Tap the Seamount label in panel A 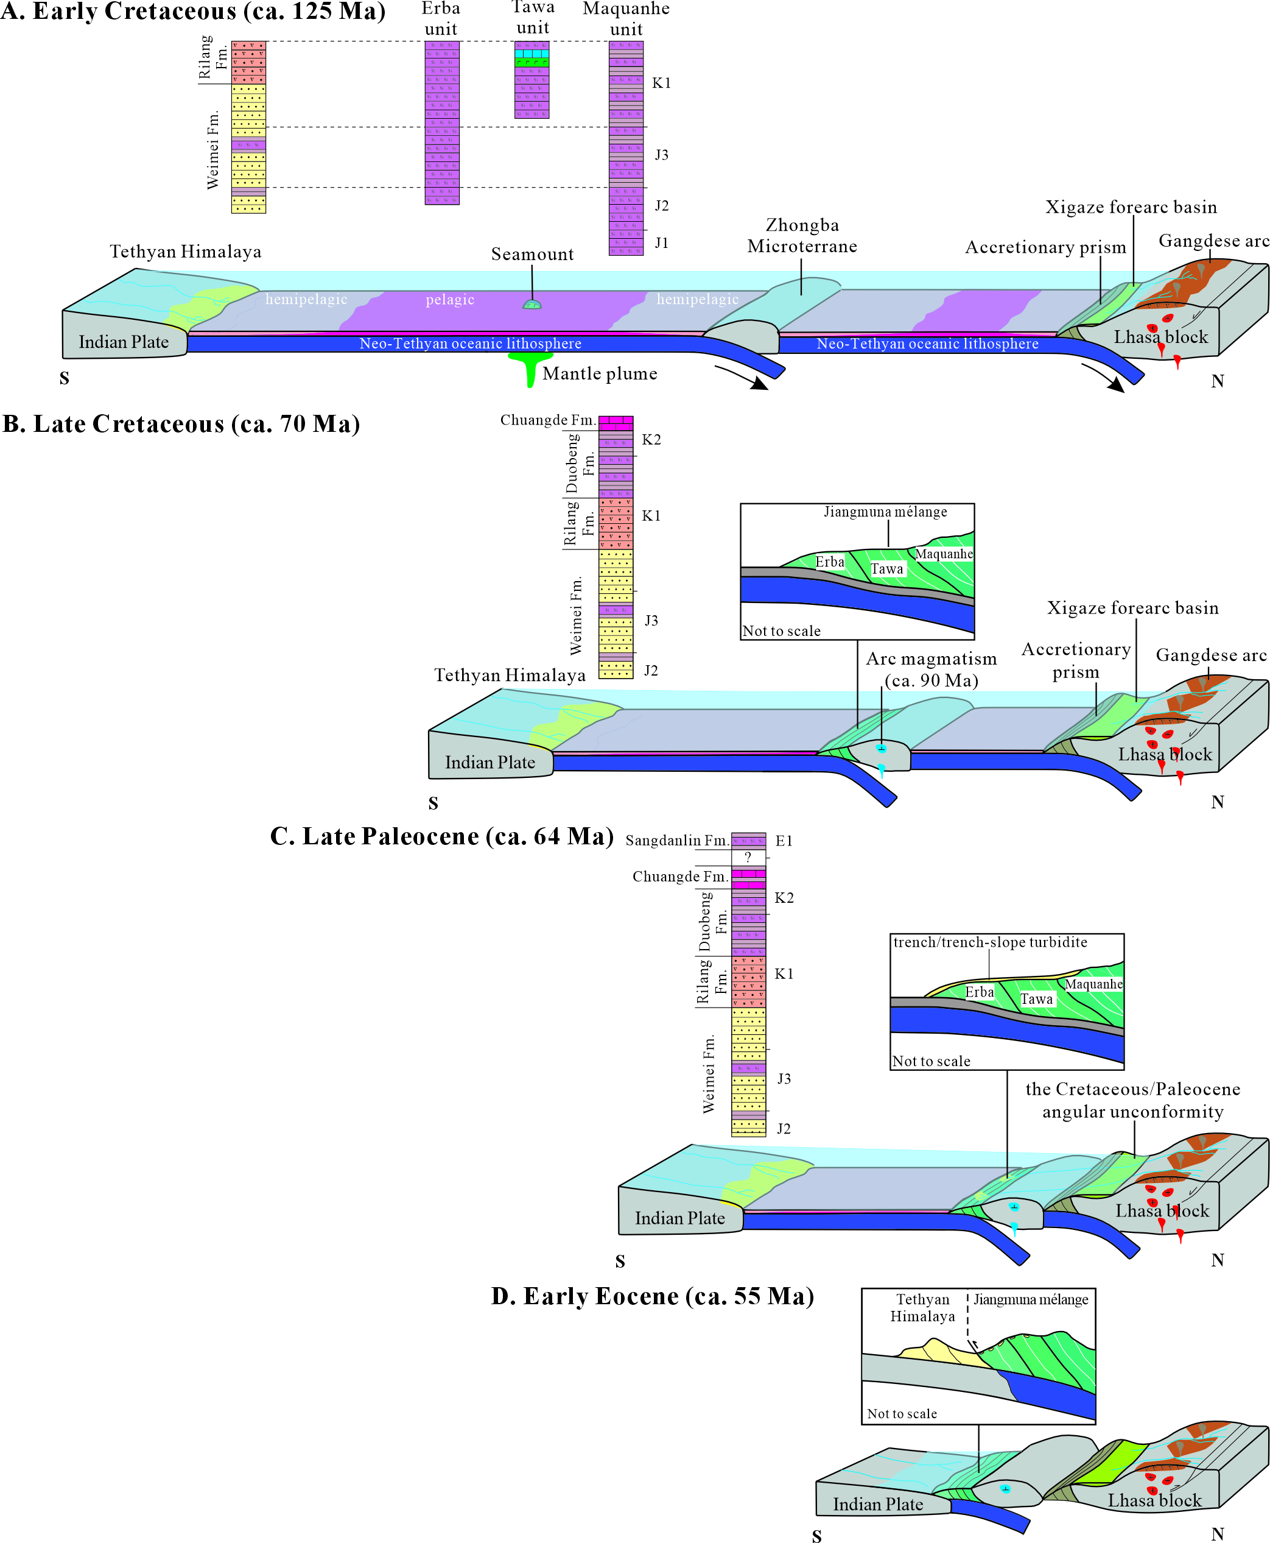tap(532, 254)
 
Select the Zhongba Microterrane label tap(802, 236)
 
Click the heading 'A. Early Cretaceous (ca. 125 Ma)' tap(192, 12)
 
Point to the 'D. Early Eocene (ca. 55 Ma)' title tap(652, 1296)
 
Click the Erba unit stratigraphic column tap(442, 122)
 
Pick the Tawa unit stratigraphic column tap(532, 80)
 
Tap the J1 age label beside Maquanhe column tap(661, 243)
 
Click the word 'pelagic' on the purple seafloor tap(450, 299)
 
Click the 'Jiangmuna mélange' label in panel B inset tap(885, 512)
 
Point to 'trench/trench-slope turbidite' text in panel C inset tap(990, 942)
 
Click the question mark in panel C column tap(748, 857)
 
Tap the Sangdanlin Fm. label tap(676, 840)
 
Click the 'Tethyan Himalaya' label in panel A tap(185, 252)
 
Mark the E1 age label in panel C tap(784, 841)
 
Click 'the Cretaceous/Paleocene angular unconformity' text tap(1132, 1100)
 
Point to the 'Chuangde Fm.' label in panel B tap(547, 420)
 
